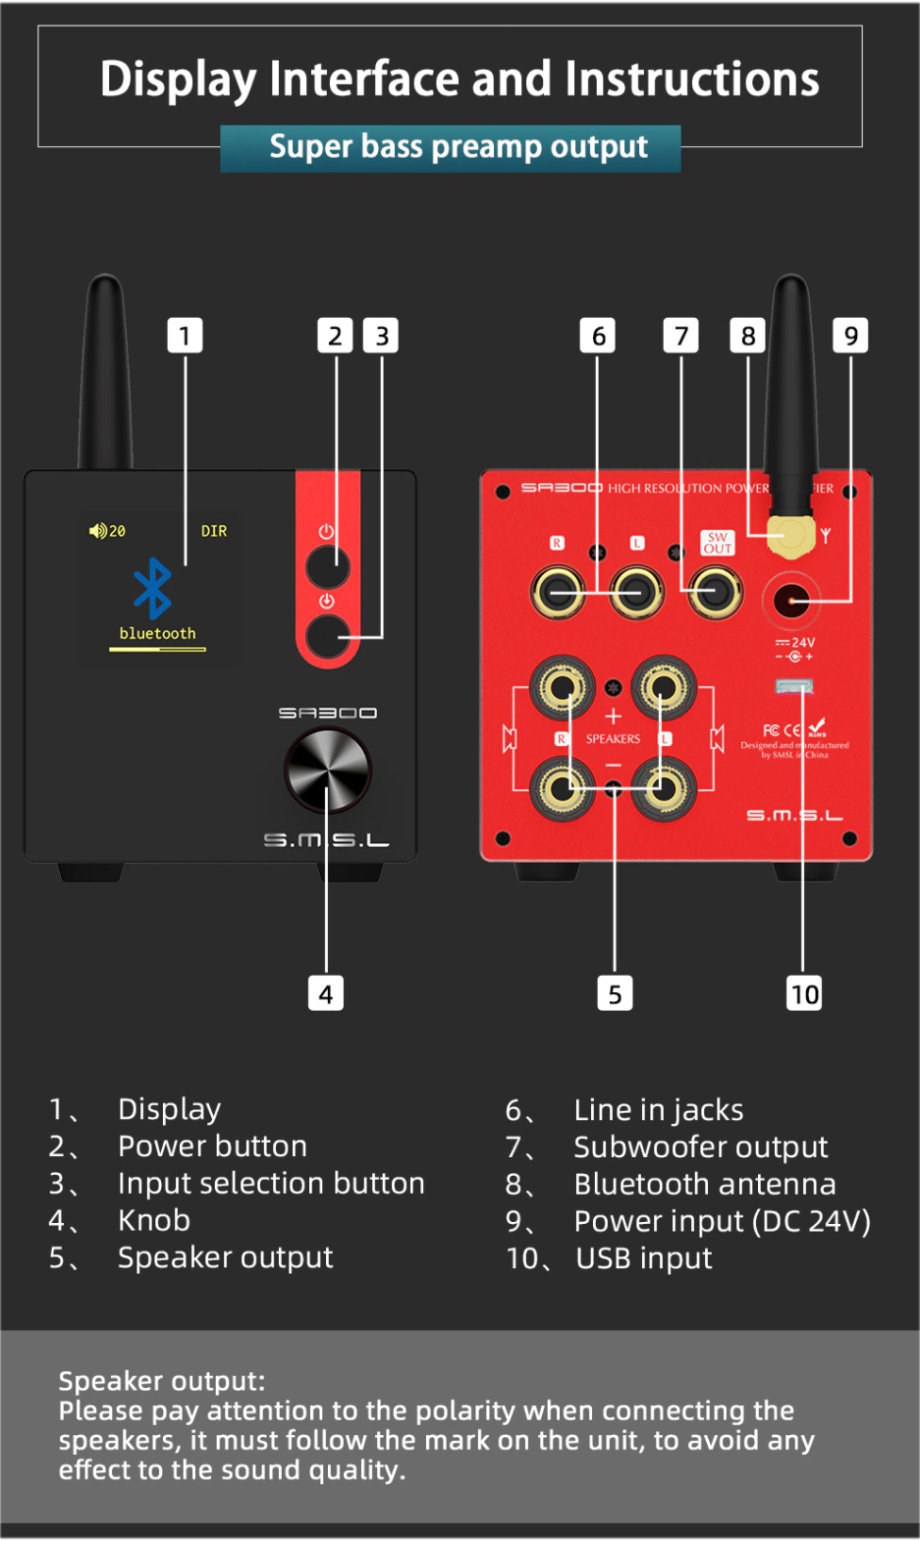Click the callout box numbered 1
pos(185,336)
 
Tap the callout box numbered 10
pos(804,994)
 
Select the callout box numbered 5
pos(615,994)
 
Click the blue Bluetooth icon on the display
pos(152,588)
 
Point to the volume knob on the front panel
pos(327,770)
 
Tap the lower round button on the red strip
pos(327,635)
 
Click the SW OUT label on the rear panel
pos(718,543)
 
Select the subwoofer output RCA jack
pos(715,592)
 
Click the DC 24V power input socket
pos(791,599)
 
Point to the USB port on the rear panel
pos(794,685)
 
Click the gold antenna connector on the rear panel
pos(789,536)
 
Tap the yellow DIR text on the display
pos(214,531)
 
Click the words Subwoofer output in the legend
pos(700,1146)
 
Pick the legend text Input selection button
pos(271,1183)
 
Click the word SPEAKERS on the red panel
pos(613,739)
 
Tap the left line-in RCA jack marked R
pos(558,592)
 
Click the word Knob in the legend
pos(154,1220)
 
